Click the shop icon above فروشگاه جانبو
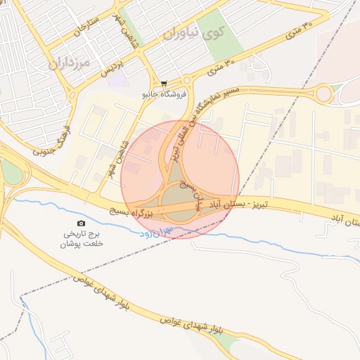tap(165, 83)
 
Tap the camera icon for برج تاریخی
tap(80, 223)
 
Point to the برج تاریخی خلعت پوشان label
tap(80, 238)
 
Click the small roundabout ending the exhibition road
tap(323, 93)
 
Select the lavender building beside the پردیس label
tap(117, 79)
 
